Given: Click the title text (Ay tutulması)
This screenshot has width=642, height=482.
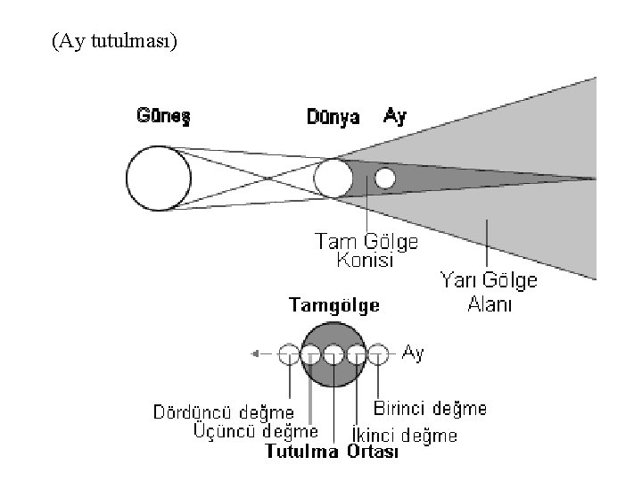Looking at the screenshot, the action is [x=115, y=41].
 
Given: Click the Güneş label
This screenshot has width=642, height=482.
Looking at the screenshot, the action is [x=164, y=116].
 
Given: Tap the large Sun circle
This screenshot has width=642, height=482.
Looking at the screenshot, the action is [x=158, y=176].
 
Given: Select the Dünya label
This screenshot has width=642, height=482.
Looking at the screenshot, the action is [x=333, y=117].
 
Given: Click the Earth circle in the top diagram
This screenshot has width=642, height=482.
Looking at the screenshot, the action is [x=333, y=179].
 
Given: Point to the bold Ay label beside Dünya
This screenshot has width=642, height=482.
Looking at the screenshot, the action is [x=394, y=116].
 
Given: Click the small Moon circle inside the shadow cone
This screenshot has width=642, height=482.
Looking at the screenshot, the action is [x=384, y=178].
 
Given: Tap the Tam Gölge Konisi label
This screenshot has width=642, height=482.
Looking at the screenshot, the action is [x=366, y=251].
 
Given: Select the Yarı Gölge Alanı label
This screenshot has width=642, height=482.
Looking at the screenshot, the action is [x=490, y=292].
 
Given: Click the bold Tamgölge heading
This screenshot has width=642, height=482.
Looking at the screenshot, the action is [x=334, y=306].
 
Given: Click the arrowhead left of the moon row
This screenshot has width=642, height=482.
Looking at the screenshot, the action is [x=256, y=354].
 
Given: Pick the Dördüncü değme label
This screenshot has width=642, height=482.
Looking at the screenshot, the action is [x=224, y=412].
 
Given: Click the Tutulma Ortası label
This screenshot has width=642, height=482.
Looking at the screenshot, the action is [x=333, y=452].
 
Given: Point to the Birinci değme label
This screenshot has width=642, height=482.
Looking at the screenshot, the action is [x=431, y=409].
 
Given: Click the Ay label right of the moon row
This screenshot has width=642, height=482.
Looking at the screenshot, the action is [x=414, y=353].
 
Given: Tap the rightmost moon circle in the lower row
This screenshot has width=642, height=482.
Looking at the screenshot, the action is [x=379, y=354].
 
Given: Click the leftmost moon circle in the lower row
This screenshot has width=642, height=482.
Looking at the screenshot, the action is [x=288, y=354].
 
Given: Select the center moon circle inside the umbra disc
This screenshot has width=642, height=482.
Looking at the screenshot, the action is [x=333, y=354].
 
